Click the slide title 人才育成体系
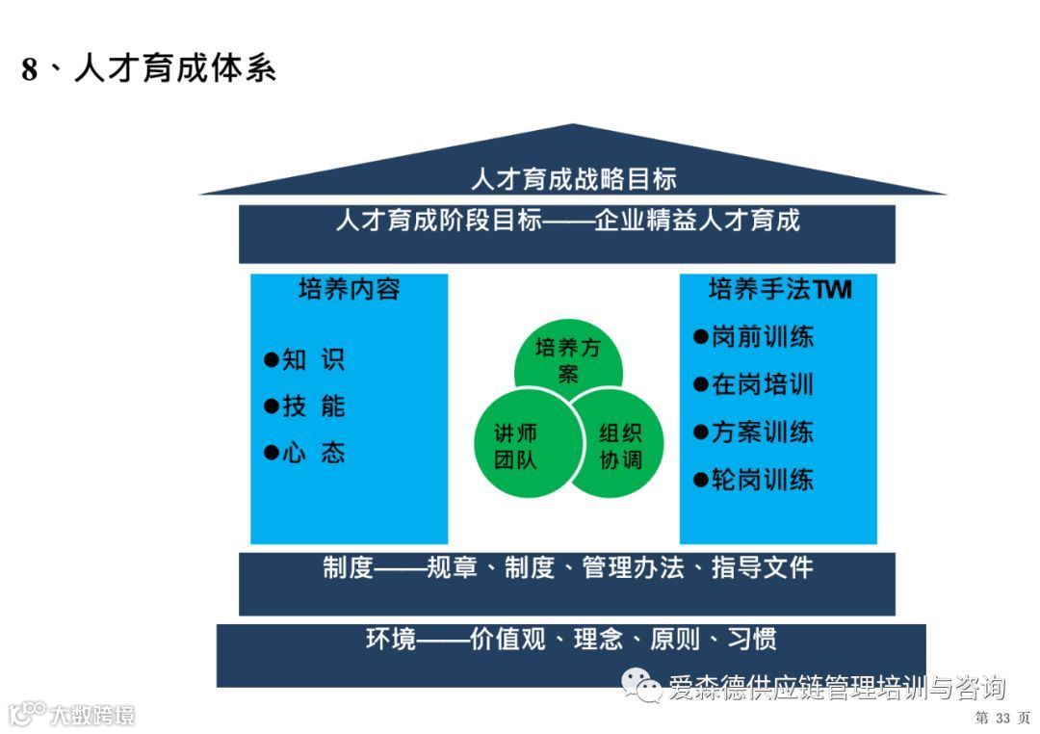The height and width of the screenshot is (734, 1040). tap(149, 69)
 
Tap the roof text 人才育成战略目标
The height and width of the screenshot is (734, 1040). tap(573, 179)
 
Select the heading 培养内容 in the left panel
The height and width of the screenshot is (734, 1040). tap(349, 289)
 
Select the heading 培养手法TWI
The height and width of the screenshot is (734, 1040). tap(779, 289)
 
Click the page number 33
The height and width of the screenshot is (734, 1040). tap(1002, 718)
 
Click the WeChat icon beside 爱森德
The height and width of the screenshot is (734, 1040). tap(640, 686)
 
